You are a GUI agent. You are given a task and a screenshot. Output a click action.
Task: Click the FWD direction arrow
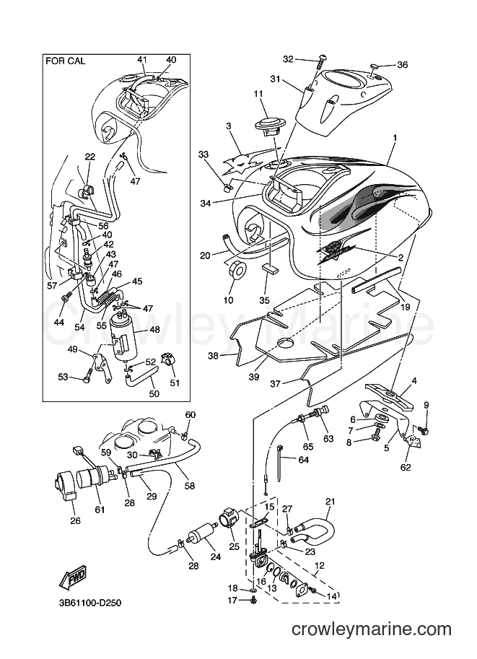(x=72, y=578)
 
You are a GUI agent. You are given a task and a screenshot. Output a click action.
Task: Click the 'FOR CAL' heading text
(x=65, y=61)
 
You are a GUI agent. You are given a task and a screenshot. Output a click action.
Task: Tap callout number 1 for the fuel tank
(x=395, y=137)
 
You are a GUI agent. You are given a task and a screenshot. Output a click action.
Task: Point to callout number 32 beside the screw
(x=288, y=59)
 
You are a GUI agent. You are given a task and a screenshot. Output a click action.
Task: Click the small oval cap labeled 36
(x=376, y=66)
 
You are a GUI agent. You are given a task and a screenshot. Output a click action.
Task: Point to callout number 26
(x=75, y=521)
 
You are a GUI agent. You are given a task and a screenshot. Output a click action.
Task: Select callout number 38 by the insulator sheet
(x=214, y=356)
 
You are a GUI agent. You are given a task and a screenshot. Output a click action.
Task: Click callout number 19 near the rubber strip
(x=404, y=307)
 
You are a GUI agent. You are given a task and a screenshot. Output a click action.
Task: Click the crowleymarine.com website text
(x=372, y=629)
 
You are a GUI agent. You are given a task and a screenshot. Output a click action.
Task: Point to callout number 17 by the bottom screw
(x=232, y=600)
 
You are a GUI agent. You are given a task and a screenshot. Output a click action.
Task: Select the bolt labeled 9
(x=423, y=430)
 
